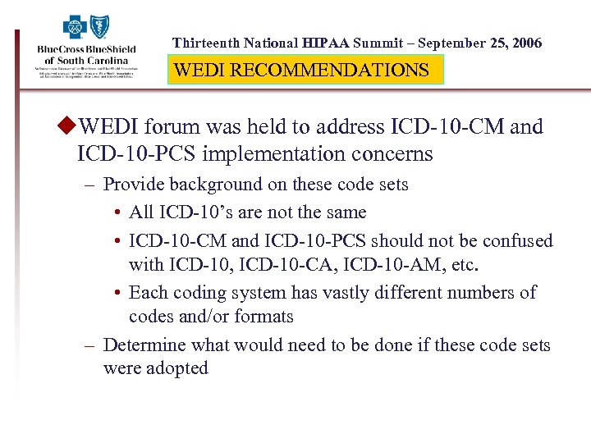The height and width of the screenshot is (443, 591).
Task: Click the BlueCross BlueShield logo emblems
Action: (86, 27)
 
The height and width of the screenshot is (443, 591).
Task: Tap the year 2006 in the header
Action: (525, 43)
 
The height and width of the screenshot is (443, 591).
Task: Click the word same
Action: (346, 212)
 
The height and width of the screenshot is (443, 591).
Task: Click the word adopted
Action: (177, 368)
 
